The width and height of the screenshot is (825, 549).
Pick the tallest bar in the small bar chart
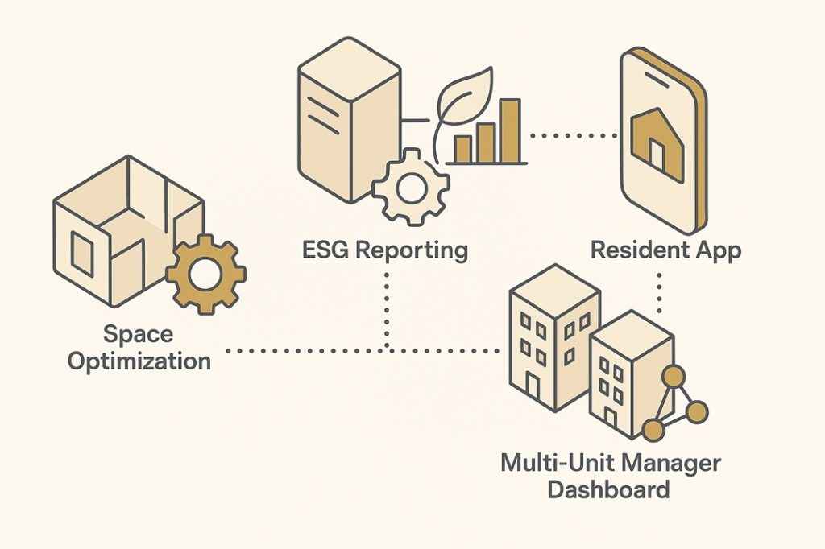508,130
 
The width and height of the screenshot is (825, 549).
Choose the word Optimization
139,360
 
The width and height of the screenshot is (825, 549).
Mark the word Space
139,332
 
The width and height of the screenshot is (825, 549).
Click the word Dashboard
608,489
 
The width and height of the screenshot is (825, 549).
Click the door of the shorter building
611,419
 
